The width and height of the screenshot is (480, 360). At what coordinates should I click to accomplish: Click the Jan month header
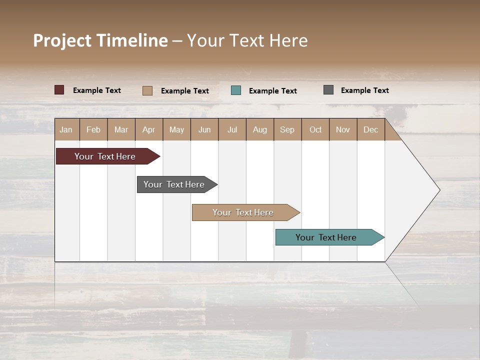pyautogui.click(x=66, y=129)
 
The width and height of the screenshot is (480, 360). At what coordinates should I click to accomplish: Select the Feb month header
pyautogui.click(x=93, y=129)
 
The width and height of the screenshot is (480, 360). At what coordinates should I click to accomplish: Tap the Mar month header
pyautogui.click(x=121, y=129)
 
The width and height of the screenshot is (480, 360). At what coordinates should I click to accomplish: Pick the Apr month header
pyautogui.click(x=149, y=129)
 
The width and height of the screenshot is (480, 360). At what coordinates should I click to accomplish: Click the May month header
pyautogui.click(x=176, y=129)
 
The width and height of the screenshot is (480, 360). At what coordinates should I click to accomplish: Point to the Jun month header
pyautogui.click(x=204, y=129)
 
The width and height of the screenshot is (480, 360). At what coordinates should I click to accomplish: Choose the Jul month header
pyautogui.click(x=232, y=129)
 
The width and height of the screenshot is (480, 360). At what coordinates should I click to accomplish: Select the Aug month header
pyautogui.click(x=260, y=129)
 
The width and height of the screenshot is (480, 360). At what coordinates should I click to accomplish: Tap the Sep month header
pyautogui.click(x=287, y=129)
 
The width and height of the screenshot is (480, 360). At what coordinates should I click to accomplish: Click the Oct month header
pyautogui.click(x=315, y=129)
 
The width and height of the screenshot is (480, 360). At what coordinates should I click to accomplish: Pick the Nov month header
pyautogui.click(x=343, y=129)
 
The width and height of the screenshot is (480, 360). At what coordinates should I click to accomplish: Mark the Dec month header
pyautogui.click(x=370, y=129)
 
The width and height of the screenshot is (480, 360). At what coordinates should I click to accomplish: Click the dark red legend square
pyautogui.click(x=59, y=90)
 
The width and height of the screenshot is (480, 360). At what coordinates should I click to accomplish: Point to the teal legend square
pyautogui.click(x=236, y=90)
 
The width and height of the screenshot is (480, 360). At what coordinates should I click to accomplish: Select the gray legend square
pyautogui.click(x=328, y=90)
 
